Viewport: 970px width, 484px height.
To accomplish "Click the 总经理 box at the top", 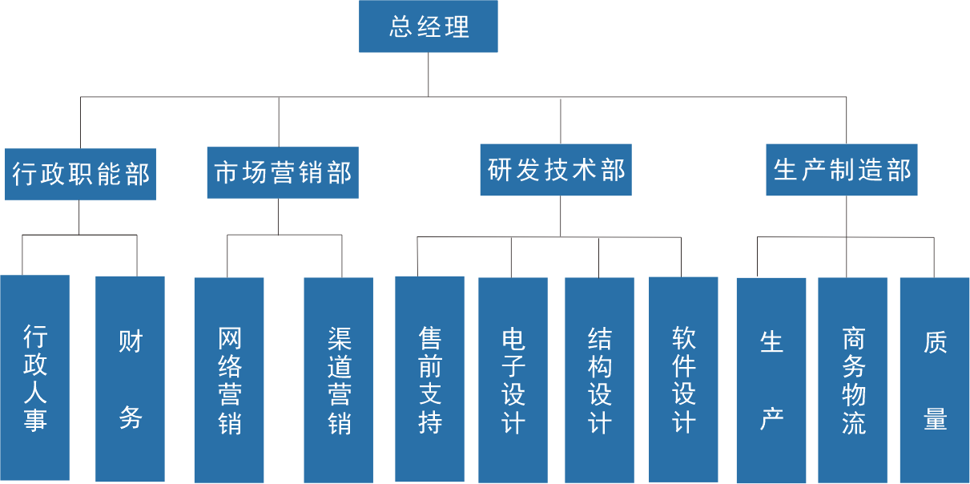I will pos(429,26).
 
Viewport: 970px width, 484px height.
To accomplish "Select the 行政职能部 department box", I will pos(80,173).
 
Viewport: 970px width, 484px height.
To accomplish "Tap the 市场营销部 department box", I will pos(282,172).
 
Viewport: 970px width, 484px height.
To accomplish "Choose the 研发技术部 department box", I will pos(556,170).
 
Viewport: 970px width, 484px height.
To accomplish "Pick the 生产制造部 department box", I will pos(842,170).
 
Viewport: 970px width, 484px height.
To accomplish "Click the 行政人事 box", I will pos(34,377).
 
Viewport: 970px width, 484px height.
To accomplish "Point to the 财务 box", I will pos(130,378).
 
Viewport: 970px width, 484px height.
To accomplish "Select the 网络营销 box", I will pos(229,380).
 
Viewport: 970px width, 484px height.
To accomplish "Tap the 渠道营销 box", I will pos(339,380).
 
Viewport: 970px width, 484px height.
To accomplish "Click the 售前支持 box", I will pos(429,379).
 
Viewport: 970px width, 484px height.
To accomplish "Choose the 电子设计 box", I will pos(513,380).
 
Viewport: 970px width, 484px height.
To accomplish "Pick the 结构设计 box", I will pos(599,380).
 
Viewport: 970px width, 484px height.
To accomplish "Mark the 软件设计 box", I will pos(683,379).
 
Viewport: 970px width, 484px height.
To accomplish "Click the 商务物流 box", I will pos(852,380).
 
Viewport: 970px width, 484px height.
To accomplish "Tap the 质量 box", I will pos(935,380).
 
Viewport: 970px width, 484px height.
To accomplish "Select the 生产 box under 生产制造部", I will pos(771,380).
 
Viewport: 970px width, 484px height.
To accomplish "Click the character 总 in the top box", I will pos(400,27).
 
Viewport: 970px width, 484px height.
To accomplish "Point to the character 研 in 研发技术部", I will pos(500,170).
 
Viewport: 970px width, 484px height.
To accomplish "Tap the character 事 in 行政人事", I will pos(34,419).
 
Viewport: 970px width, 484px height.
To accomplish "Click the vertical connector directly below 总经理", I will pos(429,75).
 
